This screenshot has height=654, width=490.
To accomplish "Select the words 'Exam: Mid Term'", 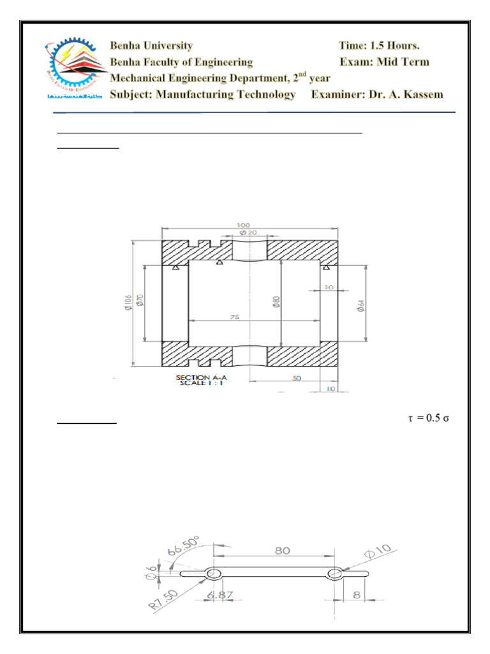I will (x=384, y=62).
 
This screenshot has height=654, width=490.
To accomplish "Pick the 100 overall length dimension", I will (x=243, y=225).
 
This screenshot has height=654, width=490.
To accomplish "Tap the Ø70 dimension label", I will (x=140, y=301).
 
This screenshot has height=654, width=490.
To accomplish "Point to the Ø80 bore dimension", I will (x=276, y=301).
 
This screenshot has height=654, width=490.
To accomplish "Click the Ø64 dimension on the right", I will (x=360, y=305).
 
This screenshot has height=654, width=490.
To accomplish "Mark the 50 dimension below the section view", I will (x=297, y=378).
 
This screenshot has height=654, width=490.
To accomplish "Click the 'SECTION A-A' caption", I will (x=201, y=378).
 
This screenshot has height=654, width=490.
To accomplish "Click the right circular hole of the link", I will (x=334, y=574).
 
